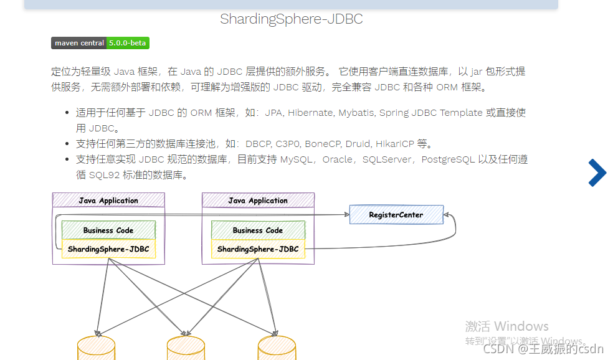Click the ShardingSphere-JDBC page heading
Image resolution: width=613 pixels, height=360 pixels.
291,19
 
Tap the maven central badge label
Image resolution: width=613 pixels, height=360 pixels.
79,43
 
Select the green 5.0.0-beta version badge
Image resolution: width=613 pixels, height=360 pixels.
128,43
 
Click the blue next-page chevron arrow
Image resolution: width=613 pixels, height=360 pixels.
597,173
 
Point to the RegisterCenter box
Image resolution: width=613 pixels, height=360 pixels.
396,215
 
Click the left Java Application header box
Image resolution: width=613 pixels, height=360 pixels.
108,201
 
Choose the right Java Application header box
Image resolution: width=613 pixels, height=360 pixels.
258,201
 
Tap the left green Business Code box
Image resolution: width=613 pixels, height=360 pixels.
108,230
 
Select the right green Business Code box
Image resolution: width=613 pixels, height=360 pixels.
258,230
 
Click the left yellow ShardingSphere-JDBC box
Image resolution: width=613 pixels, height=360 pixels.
108,249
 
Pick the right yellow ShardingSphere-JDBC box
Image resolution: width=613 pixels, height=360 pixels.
258,249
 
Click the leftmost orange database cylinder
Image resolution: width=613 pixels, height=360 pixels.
96,349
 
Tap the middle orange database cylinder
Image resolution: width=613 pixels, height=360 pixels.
186,349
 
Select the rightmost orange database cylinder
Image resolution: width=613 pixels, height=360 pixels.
277,349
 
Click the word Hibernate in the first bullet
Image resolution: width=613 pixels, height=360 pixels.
311,113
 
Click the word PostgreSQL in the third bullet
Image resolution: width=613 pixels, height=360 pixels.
449,159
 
